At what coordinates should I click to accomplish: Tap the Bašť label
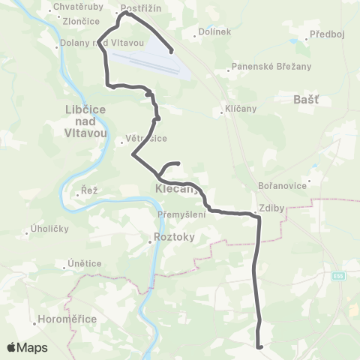click(309, 97)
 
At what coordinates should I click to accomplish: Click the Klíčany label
click(241, 109)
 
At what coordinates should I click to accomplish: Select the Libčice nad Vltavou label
click(88, 120)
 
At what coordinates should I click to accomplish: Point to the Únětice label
click(82, 263)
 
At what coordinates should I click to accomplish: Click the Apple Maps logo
click(27, 347)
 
